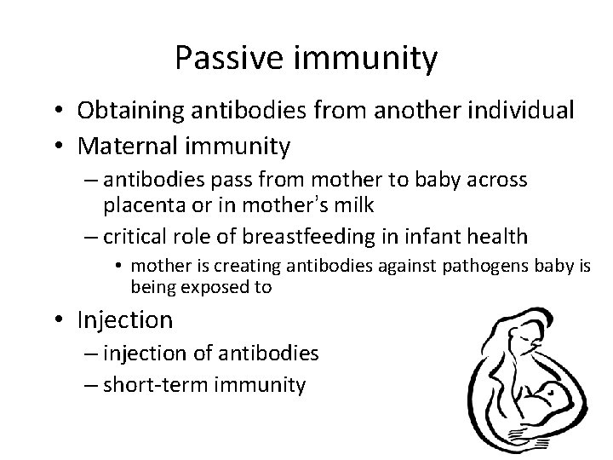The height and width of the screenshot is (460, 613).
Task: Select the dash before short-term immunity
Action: pos(92,384)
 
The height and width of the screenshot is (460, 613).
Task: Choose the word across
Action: pos(497,181)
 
